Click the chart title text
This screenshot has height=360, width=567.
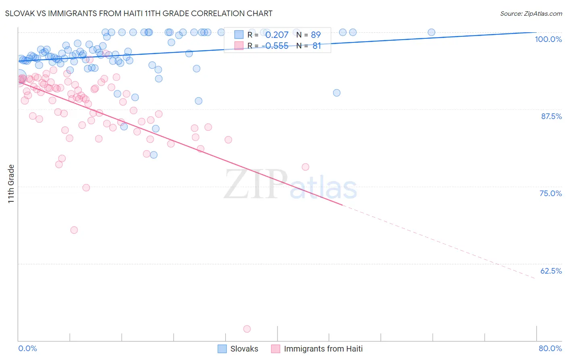point(139,13)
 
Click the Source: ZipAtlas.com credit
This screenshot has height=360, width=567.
point(531,13)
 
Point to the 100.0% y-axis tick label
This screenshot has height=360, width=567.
point(548,39)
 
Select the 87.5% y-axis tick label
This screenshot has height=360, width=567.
point(551,116)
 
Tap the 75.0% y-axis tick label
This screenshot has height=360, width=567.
point(550,193)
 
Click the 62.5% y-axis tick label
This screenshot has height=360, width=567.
point(551,271)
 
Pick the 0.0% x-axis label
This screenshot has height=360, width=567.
point(27,348)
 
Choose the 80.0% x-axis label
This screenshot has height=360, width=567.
point(550,348)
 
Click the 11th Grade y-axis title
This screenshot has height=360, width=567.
point(11,184)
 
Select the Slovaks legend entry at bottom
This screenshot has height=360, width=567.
point(238,349)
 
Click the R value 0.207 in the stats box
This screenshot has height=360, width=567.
point(277,35)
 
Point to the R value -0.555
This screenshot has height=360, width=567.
point(275,46)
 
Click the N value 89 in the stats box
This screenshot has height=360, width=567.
point(315,35)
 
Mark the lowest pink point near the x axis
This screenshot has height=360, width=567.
point(247,329)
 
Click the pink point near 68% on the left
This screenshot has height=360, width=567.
point(74,230)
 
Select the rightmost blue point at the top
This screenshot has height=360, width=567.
point(431,32)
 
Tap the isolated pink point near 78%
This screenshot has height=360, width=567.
point(305,167)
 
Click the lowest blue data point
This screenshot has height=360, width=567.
point(154,155)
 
